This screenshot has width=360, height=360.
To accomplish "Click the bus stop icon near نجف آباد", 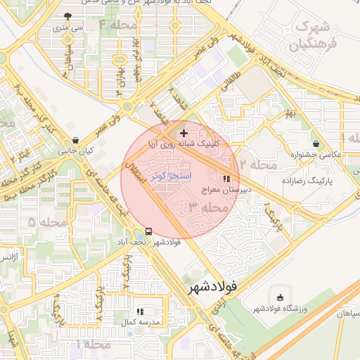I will point(148,231).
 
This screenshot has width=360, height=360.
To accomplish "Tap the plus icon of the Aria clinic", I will point(184,132).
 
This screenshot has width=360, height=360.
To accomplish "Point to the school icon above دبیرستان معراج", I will point(225,179).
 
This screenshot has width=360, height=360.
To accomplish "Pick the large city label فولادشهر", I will point(213,288).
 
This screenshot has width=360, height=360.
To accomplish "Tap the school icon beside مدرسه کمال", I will point(140,311).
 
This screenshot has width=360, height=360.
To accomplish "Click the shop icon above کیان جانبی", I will point(75,140).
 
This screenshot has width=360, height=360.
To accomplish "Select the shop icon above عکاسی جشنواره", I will point(316,143).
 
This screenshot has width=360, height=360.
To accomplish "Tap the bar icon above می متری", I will point(67,16).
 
